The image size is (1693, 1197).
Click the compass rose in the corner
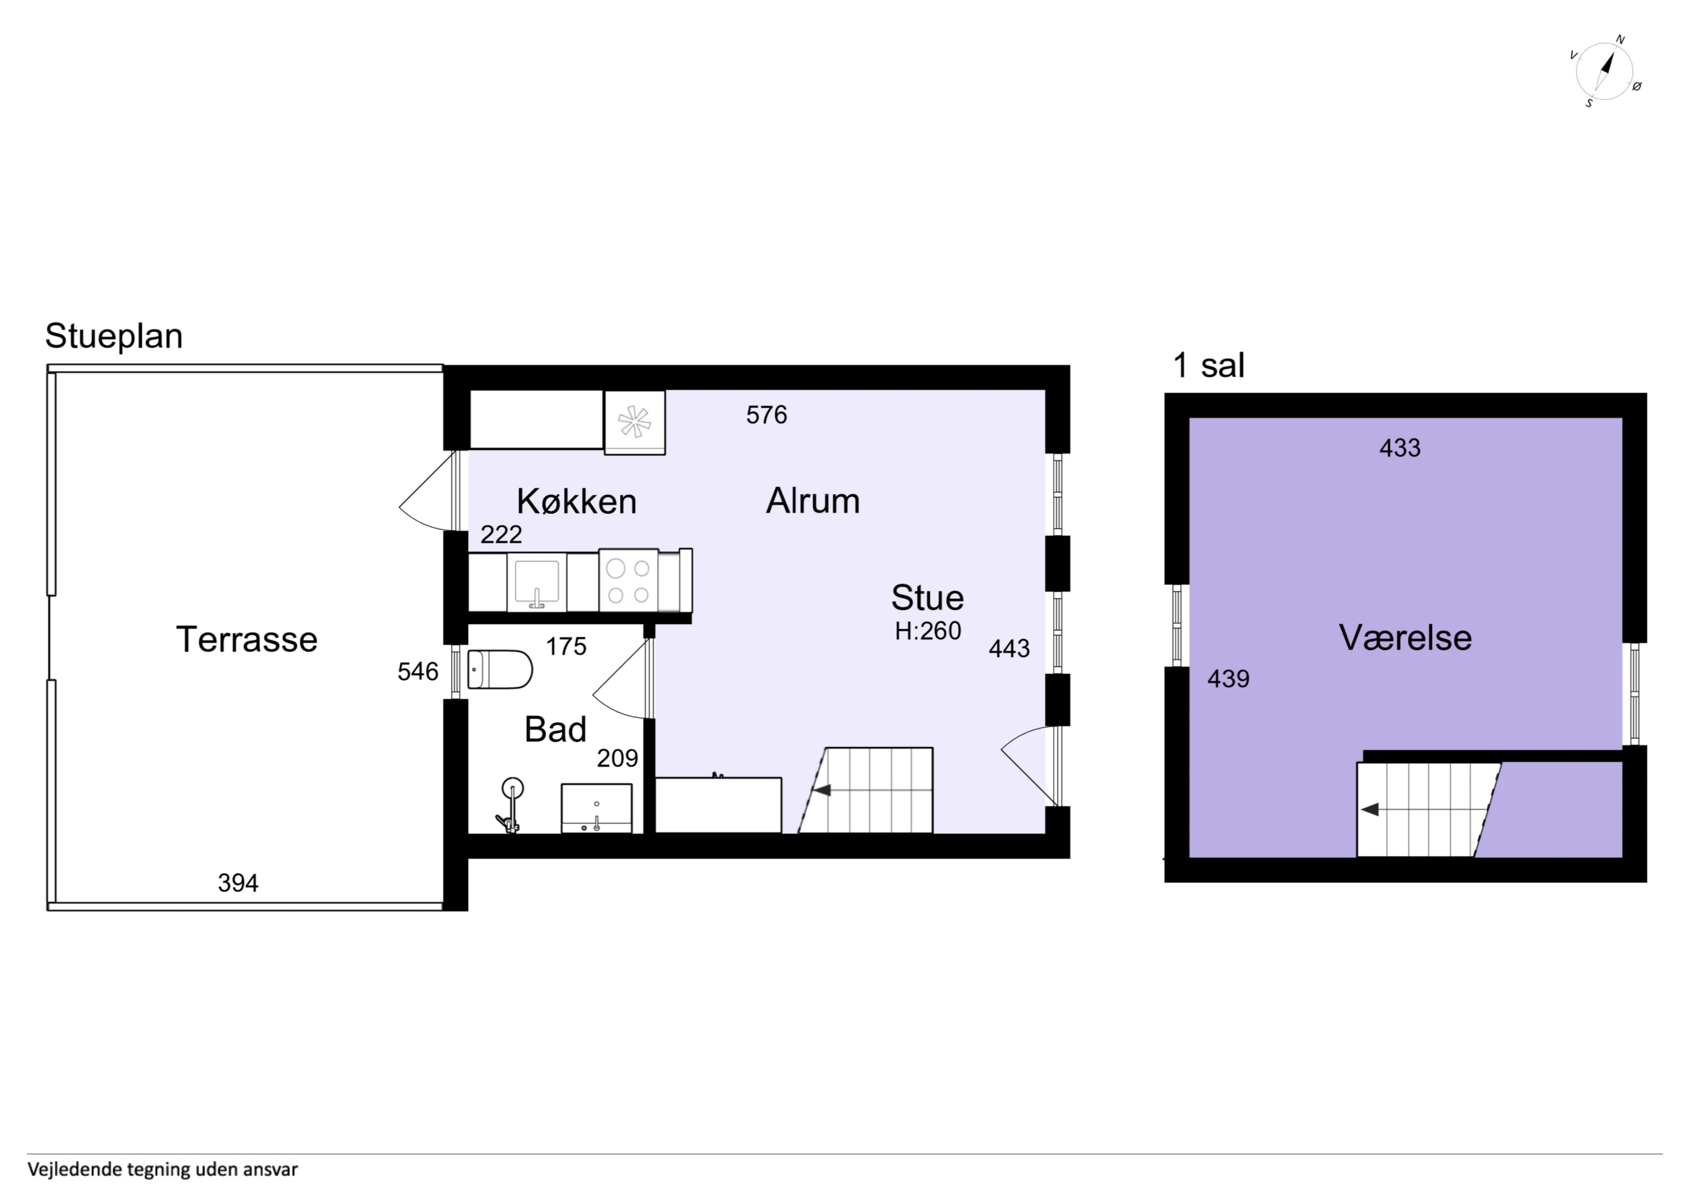click(1605, 71)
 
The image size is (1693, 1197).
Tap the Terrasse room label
click(246, 639)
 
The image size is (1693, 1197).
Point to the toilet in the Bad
click(500, 669)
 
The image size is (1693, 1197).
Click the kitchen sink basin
click(537, 582)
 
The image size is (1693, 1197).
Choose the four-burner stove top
click(628, 581)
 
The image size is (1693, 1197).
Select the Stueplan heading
click(114, 336)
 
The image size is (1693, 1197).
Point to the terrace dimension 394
click(238, 883)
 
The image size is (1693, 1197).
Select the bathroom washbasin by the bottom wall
click(597, 808)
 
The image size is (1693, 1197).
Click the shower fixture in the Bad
click(510, 805)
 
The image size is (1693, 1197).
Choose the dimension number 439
click(1228, 679)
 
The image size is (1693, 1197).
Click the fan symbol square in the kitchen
click(634, 422)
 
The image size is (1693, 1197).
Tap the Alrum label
click(813, 502)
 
